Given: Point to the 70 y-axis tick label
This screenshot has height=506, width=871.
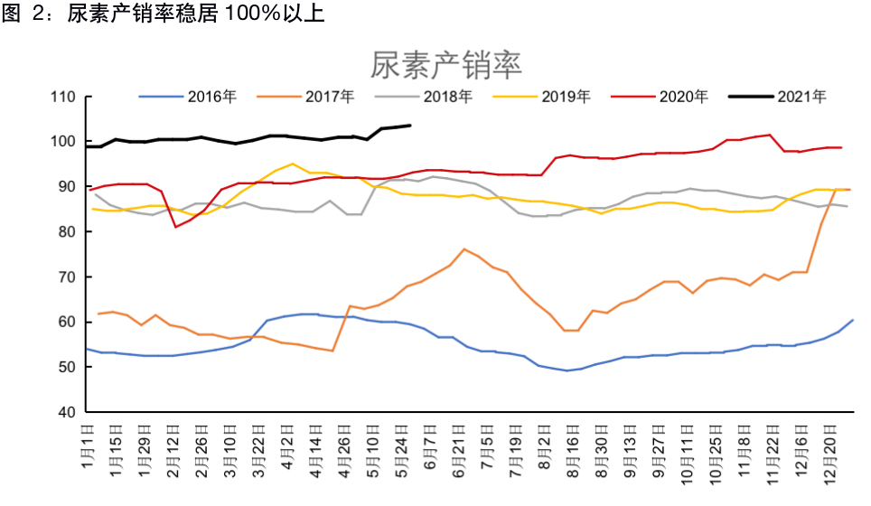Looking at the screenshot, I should click(x=65, y=277).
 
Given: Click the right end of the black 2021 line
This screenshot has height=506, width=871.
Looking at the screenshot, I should click(x=410, y=126).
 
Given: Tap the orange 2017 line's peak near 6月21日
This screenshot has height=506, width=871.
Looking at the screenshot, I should click(x=464, y=249).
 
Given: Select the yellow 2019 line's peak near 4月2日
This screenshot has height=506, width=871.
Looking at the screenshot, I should click(x=292, y=164).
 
